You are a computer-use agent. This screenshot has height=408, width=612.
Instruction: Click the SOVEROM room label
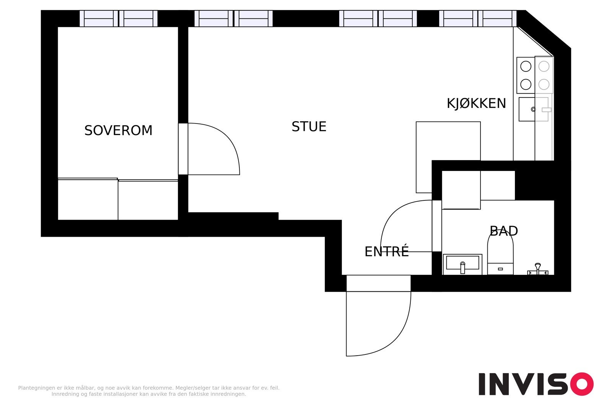coord(118,130)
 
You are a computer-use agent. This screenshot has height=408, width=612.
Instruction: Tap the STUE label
coord(309,127)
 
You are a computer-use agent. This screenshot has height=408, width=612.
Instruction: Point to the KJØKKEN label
coord(476,104)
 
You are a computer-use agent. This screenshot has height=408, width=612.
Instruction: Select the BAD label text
coord(503,231)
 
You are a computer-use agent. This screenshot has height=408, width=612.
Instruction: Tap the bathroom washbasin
coord(462,264)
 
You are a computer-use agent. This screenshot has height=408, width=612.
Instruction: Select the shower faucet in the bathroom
coord(538,269)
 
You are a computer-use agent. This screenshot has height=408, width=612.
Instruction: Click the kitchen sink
coord(533,109)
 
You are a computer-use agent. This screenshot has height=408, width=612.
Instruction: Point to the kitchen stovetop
coord(535,75)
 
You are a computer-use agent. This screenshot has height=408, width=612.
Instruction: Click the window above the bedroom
coord(119,19)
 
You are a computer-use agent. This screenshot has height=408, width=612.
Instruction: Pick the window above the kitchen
coord(478,19)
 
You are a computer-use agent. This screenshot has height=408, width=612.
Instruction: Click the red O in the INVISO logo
coord(582,384)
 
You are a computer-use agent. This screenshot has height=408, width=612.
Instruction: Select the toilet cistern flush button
coord(500,269)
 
